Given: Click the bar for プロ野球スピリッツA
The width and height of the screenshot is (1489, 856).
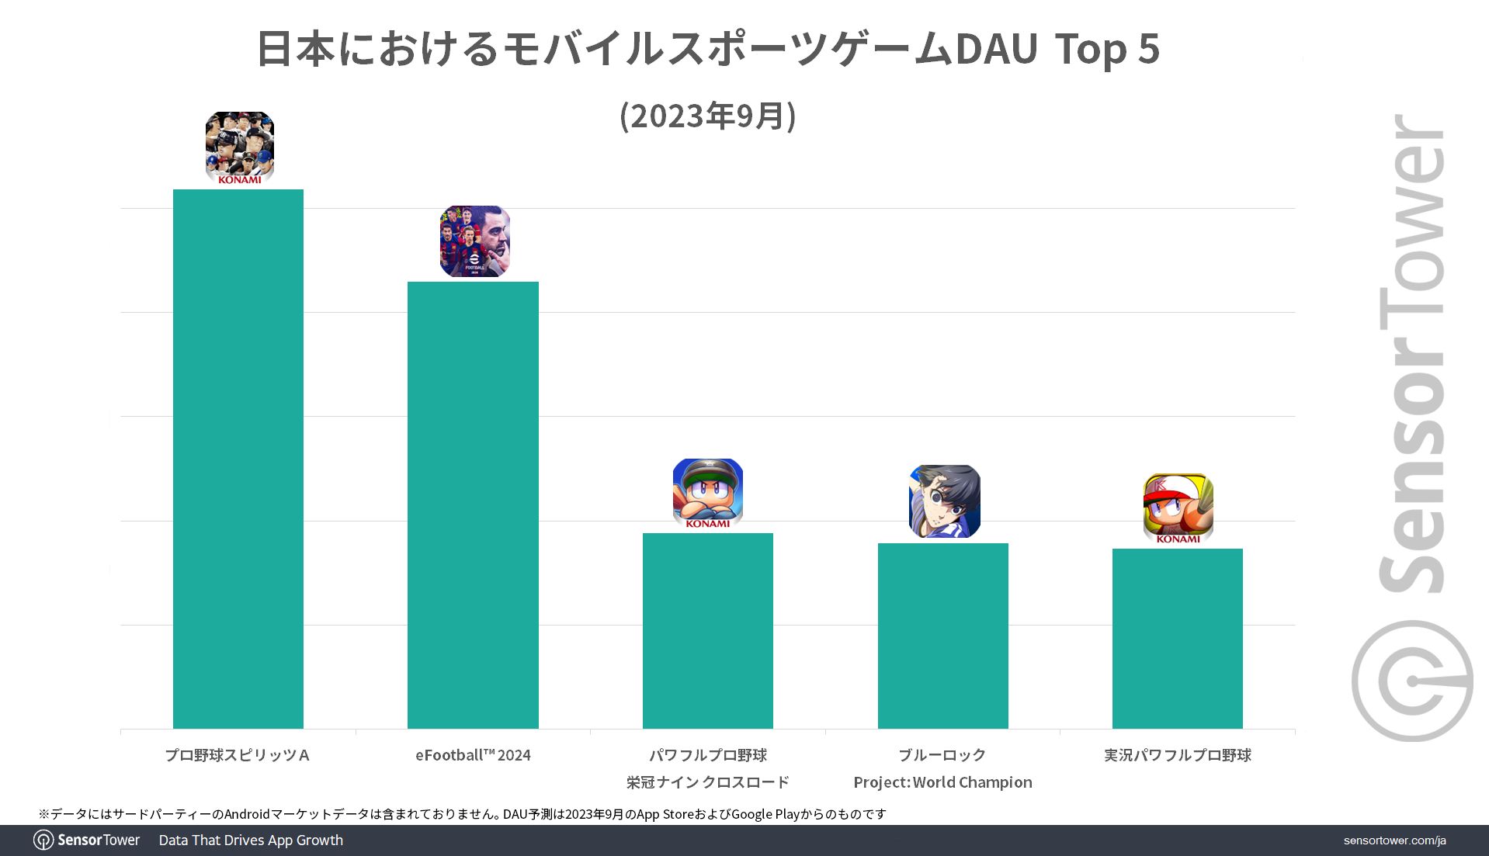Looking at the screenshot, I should click(238, 458).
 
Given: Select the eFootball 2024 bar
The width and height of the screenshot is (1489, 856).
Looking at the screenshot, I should click(473, 504).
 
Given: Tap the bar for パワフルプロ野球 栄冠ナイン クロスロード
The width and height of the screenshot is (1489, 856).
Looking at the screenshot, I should click(708, 630).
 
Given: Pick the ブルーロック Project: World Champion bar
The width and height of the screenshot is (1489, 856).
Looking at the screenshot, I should click(942, 636).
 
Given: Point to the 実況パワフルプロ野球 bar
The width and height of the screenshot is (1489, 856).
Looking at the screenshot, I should click(1177, 638).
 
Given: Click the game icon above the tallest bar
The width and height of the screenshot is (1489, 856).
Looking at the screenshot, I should click(240, 147).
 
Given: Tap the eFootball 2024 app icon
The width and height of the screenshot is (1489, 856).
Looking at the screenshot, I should click(474, 241).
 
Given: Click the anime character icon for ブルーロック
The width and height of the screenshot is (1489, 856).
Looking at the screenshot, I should click(944, 501).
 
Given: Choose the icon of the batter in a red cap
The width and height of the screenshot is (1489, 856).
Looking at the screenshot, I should click(1178, 508).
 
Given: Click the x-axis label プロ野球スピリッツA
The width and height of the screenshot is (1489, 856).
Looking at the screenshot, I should click(238, 755).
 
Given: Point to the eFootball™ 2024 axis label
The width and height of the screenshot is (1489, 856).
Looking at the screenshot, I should click(473, 755).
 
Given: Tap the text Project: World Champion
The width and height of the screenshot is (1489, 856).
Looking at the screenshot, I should click(942, 782).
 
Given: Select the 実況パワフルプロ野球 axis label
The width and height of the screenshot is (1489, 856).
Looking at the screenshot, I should click(1177, 755).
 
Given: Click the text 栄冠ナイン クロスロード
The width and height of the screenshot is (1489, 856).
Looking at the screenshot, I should click(708, 782).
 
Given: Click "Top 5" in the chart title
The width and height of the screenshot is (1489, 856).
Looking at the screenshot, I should click(1107, 49).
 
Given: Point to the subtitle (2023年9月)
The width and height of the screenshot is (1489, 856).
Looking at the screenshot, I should click(708, 116).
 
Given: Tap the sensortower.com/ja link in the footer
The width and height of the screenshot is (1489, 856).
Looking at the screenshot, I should click(1394, 840).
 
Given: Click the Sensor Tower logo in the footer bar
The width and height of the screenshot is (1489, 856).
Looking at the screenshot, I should click(87, 840).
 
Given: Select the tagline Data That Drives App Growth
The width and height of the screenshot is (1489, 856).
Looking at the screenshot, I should click(251, 840).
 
